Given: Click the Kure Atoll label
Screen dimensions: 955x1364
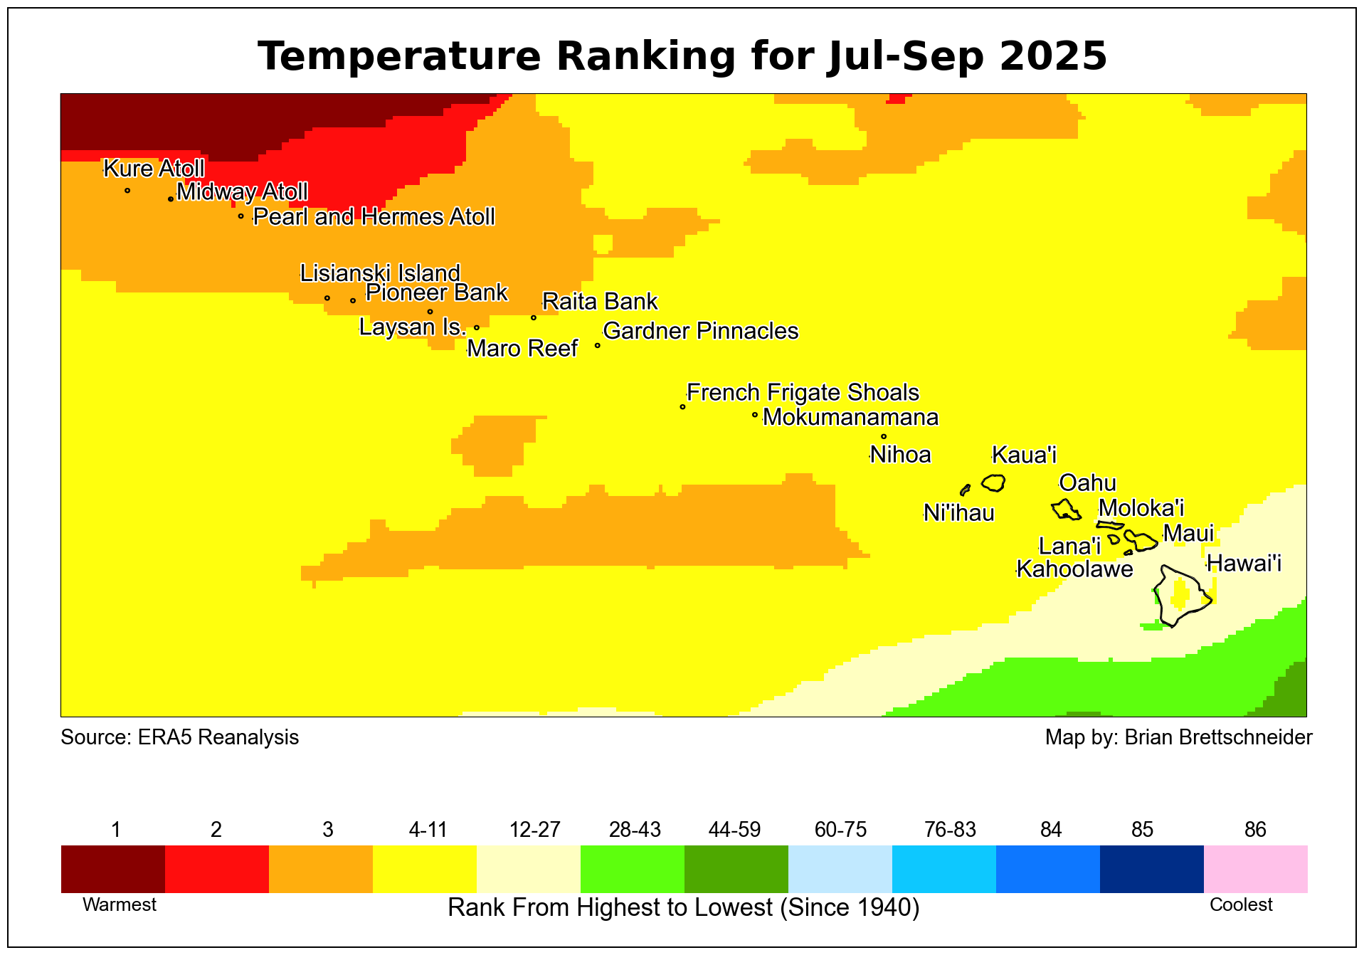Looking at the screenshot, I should [154, 169].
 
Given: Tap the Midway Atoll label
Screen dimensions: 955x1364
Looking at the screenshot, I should [242, 192].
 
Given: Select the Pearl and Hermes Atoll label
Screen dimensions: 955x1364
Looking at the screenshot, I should [374, 217].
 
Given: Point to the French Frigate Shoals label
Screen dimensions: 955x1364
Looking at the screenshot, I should [803, 393].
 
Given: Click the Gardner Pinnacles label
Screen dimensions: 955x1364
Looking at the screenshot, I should [700, 331].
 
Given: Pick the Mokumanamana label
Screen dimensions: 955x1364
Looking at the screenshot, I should [850, 417].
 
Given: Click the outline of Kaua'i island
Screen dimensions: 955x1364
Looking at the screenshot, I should [993, 483].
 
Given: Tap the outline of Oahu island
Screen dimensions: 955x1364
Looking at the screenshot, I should [1066, 510].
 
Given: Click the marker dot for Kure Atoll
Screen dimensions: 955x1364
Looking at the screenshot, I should [127, 190].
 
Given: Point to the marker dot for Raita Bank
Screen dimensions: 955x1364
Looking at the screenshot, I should [534, 317].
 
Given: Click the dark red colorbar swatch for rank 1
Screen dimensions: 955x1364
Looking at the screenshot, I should [113, 869].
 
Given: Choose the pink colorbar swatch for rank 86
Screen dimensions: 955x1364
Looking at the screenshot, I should [1255, 869].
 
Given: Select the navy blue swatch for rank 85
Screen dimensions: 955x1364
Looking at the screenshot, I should [1151, 869].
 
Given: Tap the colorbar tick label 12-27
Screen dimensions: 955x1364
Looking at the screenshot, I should [535, 830].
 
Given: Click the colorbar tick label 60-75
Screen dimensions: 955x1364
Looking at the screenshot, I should [840, 830].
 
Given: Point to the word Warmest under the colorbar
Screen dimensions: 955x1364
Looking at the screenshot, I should [120, 905].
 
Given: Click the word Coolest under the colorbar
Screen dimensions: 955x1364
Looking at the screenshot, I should [1241, 905].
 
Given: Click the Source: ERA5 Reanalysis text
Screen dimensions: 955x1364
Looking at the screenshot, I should [180, 737].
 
